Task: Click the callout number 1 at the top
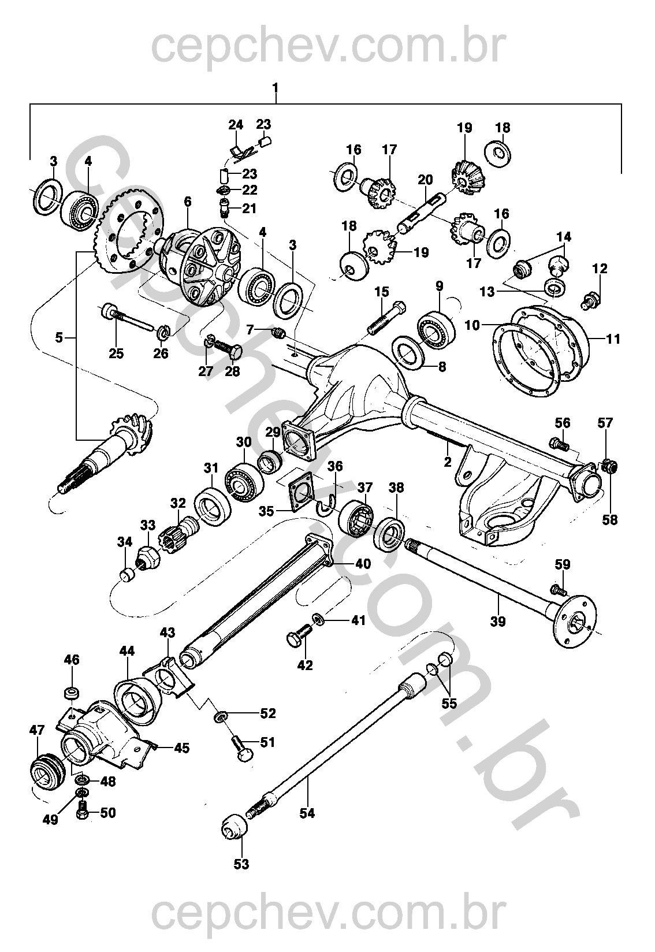(x=276, y=88)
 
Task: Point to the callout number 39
(x=498, y=622)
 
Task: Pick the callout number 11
(x=613, y=339)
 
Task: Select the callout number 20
(x=425, y=180)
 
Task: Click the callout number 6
(x=188, y=202)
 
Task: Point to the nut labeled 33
(x=147, y=556)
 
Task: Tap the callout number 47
(x=37, y=730)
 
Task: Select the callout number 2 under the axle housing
(x=447, y=462)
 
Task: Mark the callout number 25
(x=116, y=353)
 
